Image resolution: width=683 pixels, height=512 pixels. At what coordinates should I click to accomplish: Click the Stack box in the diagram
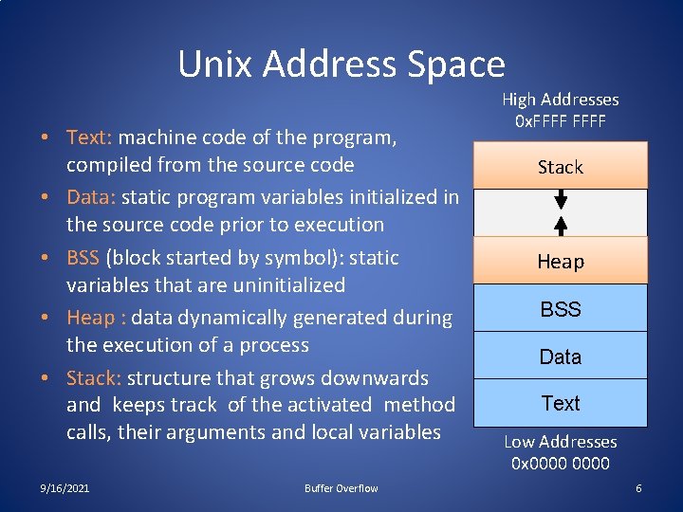(x=560, y=167)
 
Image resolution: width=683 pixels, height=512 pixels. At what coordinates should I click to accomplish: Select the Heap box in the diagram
(x=560, y=261)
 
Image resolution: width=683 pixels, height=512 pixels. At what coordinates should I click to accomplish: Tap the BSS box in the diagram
(x=560, y=309)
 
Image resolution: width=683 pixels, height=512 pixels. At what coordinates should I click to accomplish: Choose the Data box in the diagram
(x=560, y=357)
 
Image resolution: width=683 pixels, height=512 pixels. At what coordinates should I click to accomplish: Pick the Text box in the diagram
(x=560, y=403)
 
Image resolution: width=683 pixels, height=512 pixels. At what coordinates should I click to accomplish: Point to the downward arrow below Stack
(x=561, y=199)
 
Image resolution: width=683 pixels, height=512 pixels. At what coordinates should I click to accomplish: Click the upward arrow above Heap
(x=561, y=225)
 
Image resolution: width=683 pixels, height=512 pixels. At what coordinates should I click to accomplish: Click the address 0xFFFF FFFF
(x=560, y=121)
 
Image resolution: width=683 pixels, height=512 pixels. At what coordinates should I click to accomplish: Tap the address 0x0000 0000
(x=560, y=464)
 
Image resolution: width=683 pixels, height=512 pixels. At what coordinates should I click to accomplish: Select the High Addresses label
(x=560, y=100)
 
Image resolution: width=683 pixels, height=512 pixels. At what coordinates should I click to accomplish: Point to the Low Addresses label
(x=560, y=442)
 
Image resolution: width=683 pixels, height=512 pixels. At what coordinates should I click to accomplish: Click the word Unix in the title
(x=216, y=64)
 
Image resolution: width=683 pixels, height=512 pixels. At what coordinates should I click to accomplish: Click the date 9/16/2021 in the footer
(x=65, y=488)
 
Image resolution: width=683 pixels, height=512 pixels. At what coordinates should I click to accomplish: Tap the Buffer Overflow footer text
(x=341, y=488)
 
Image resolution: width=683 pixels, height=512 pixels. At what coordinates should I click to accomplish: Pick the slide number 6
(x=638, y=488)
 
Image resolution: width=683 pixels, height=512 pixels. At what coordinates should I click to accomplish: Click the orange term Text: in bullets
(x=90, y=137)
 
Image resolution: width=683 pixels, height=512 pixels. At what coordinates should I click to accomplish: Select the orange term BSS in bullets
(x=83, y=258)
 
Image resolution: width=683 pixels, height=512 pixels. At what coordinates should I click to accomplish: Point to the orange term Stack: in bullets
(x=94, y=378)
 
